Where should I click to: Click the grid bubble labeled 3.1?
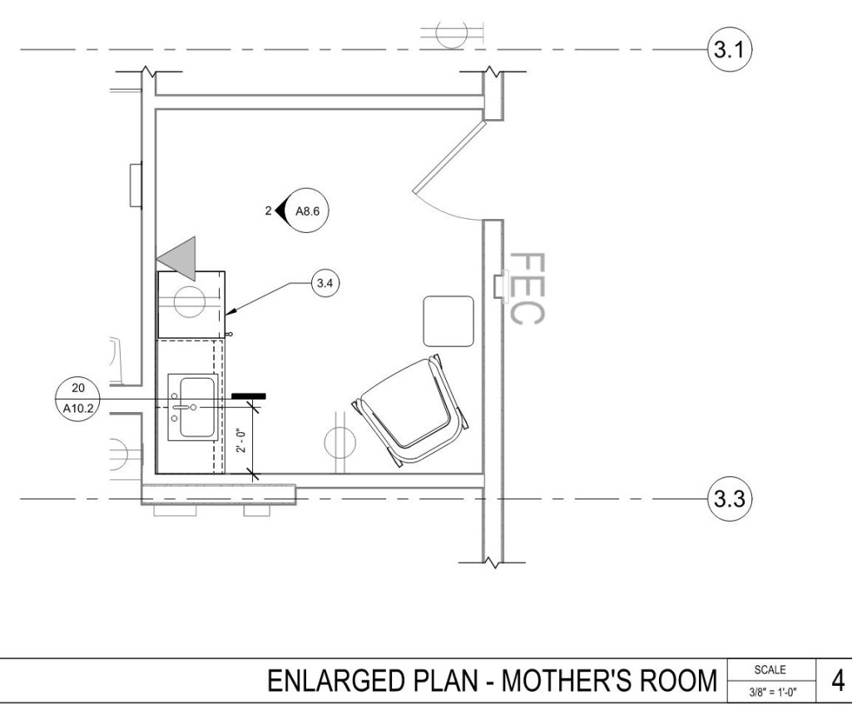[x=729, y=50]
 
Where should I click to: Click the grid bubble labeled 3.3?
[x=729, y=499]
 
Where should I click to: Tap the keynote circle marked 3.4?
[x=325, y=283]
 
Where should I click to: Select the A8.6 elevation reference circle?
[x=307, y=211]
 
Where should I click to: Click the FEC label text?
[x=527, y=289]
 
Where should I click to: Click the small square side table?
[x=448, y=320]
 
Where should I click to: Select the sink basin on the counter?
[x=196, y=407]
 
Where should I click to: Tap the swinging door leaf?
[x=448, y=157]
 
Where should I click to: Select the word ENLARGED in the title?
[x=339, y=681]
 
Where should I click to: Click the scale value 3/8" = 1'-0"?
[x=773, y=693]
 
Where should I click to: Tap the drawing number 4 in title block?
[x=838, y=681]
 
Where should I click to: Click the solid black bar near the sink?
[x=249, y=396]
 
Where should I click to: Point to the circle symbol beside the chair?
[x=340, y=442]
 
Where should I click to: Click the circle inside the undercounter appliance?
[x=190, y=301]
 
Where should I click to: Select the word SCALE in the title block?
[x=770, y=670]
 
